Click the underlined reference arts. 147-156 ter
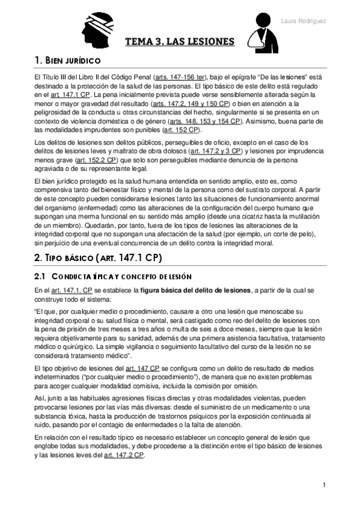(x=180, y=78)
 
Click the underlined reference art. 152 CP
(x=182, y=130)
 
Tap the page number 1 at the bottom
(x=324, y=485)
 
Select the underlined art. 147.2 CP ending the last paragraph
(x=124, y=455)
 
